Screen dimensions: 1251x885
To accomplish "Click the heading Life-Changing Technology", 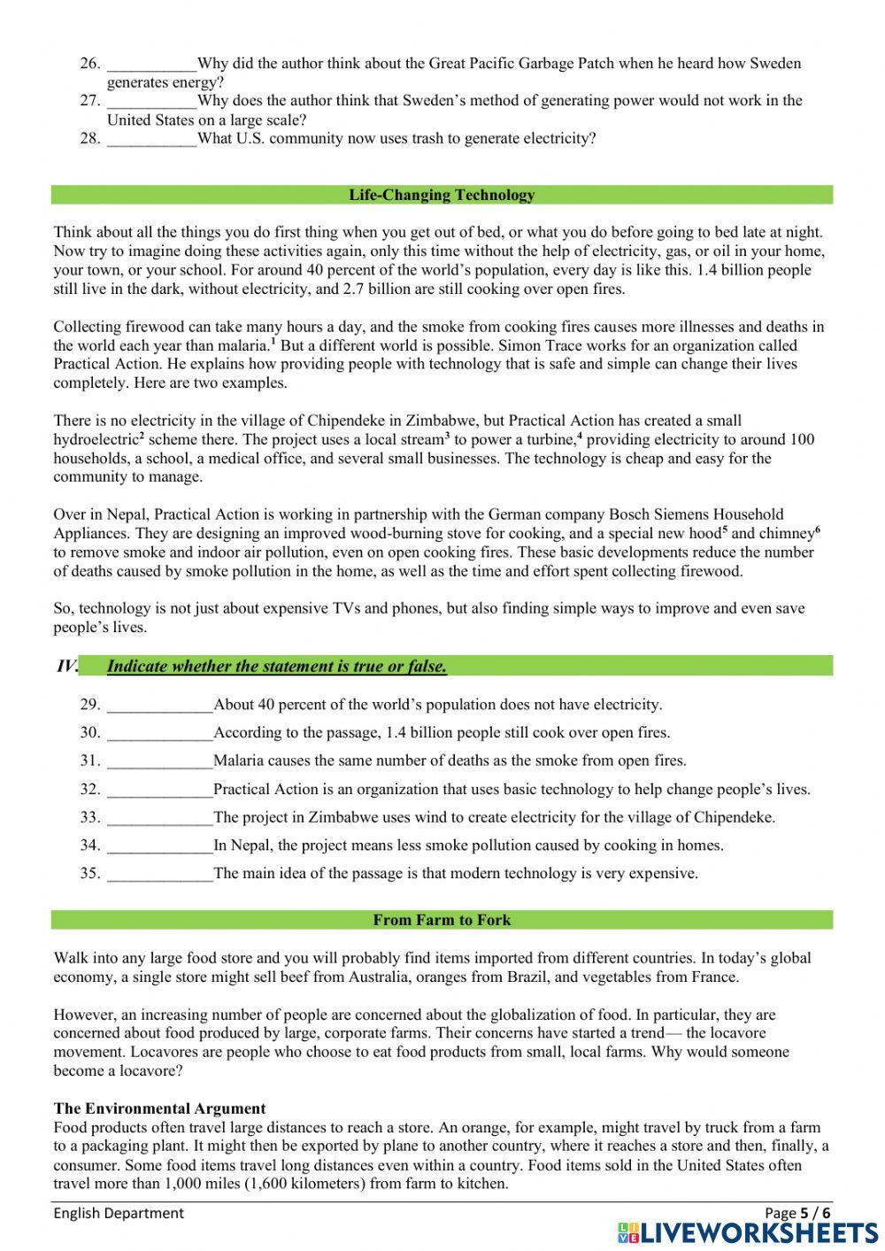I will point(442,195).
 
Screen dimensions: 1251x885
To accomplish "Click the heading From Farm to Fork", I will point(442,920).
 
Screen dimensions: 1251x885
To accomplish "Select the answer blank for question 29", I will point(159,706).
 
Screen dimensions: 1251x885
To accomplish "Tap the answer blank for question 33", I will point(159,818).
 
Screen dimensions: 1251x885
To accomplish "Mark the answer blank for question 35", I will point(159,874).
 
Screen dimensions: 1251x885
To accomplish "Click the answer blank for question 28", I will point(151,139).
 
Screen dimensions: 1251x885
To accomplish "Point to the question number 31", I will point(90,761).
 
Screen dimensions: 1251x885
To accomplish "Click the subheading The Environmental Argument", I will point(159,1108).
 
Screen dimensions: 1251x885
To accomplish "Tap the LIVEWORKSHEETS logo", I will point(748,1232).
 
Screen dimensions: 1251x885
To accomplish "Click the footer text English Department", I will point(119,1213).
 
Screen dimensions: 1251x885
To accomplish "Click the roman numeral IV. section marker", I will point(67,667).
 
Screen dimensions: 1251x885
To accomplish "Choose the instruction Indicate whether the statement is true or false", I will point(276,667).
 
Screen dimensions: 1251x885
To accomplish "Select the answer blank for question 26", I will point(151,64).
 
